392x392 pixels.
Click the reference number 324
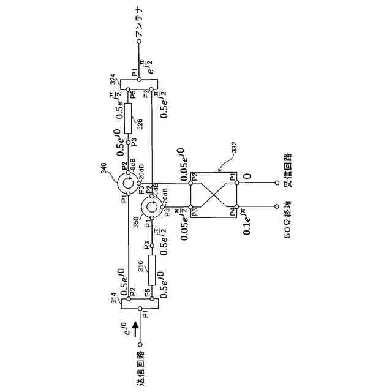[113, 79]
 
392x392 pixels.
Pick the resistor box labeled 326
[127, 118]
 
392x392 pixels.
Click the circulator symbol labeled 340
[128, 183]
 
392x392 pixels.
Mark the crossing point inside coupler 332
[214, 195]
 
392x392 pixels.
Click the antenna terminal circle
[139, 42]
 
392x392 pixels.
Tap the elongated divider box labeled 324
[139, 83]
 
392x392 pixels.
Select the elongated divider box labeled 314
[140, 303]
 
